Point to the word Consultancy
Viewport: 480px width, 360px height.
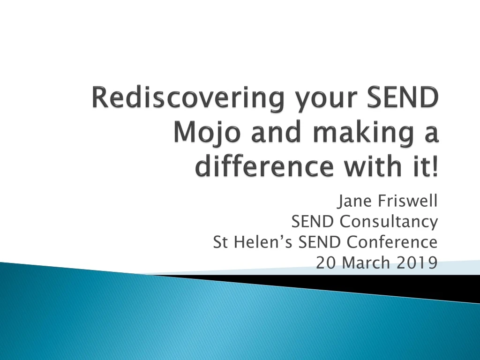[389, 222]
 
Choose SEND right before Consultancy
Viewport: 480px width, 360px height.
[314, 221]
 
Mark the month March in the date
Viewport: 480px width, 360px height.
[366, 263]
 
